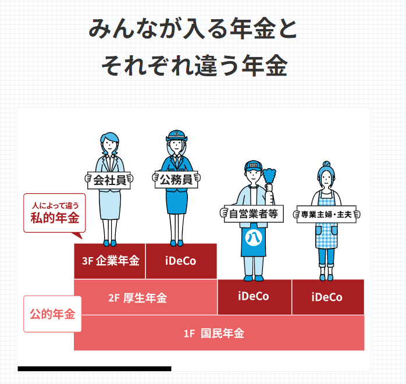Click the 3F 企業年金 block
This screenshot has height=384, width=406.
pos(110,261)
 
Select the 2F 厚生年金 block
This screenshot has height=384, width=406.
pos(138,297)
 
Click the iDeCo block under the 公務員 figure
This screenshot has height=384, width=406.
pos(181,261)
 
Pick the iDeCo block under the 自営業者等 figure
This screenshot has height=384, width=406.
pos(254,297)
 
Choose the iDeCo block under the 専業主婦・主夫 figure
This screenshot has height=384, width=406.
pos(327,297)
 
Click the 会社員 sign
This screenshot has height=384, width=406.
pos(109,180)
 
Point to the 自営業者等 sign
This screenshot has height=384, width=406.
pos(253,214)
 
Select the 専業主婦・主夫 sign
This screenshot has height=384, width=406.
pos(326,214)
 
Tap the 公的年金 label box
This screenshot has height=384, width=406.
pos(52,314)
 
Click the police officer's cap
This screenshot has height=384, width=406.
pos(176,136)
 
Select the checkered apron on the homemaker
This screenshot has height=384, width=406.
pos(326,236)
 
